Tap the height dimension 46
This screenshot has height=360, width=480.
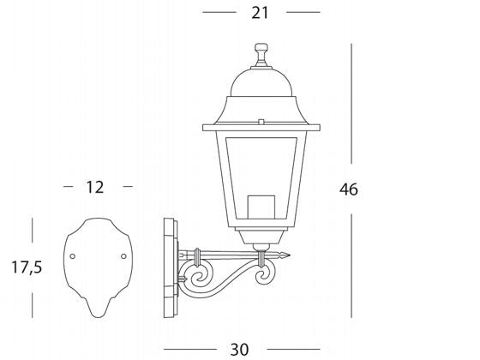click(x=347, y=189)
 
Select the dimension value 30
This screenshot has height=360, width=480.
click(x=239, y=349)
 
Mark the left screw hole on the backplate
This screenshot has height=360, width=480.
click(x=72, y=256)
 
